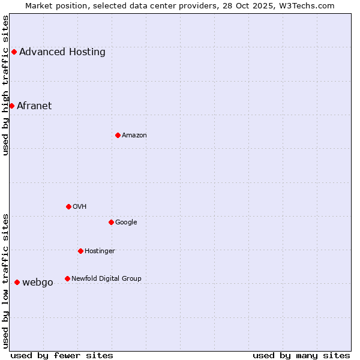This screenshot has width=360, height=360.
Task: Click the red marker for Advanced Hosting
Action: [14, 52]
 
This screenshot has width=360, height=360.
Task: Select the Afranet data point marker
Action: [11, 106]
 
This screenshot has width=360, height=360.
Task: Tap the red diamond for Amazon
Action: [118, 135]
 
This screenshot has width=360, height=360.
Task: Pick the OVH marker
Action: [68, 206]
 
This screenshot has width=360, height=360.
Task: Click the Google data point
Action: [111, 222]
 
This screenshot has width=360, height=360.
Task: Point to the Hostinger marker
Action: [80, 251]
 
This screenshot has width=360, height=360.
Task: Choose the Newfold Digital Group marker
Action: [67, 278]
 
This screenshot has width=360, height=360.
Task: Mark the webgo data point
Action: [17, 282]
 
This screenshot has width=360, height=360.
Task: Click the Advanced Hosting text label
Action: [62, 52]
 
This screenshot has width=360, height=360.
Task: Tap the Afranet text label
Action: [34, 106]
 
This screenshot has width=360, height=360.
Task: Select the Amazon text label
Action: [134, 135]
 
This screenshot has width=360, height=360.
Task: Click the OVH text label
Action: [80, 206]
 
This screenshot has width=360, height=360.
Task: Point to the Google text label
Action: [126, 222]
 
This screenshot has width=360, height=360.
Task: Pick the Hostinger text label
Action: [100, 251]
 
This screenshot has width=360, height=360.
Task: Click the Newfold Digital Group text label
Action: [106, 278]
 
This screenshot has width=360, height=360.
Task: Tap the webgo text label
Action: [38, 282]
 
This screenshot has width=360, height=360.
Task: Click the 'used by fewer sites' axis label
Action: [62, 355]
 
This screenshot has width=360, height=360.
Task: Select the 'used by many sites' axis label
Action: [301, 355]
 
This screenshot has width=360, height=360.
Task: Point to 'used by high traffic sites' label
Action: [5, 85]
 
